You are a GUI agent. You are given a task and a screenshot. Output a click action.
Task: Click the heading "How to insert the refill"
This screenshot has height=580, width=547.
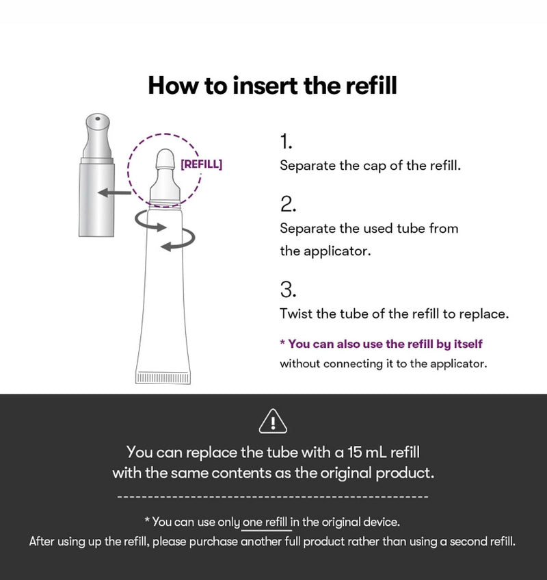[x=273, y=86]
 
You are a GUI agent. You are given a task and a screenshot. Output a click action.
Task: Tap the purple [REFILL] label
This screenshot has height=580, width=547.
[x=201, y=164]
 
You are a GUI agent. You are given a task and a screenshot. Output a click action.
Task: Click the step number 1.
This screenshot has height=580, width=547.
[x=286, y=141]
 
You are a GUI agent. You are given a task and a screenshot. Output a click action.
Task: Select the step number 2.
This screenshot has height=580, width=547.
[x=288, y=204]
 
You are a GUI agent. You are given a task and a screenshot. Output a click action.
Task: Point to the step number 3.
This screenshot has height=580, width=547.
[x=288, y=290]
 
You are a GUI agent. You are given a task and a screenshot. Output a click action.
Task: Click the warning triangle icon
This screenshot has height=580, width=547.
[x=273, y=421]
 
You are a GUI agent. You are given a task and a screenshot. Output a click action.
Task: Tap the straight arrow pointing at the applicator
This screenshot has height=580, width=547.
[x=114, y=192]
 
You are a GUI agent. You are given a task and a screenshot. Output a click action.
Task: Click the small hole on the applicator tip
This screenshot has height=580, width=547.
[x=98, y=118]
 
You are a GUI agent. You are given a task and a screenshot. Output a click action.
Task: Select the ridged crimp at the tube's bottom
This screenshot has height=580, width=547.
[x=163, y=378]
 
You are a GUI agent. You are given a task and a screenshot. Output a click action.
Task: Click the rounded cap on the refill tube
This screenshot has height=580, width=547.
[x=165, y=159]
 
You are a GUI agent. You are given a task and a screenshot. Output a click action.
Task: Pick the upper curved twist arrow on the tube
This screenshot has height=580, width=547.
[x=149, y=222]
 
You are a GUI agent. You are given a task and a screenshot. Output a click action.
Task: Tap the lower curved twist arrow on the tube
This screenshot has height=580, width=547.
[x=178, y=240]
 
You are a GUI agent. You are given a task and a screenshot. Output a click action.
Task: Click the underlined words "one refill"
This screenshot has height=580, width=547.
[x=265, y=522]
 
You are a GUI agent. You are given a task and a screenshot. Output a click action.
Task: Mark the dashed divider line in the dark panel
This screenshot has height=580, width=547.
[x=273, y=496]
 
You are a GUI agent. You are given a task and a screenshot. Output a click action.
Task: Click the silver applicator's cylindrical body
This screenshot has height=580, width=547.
[x=96, y=200]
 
